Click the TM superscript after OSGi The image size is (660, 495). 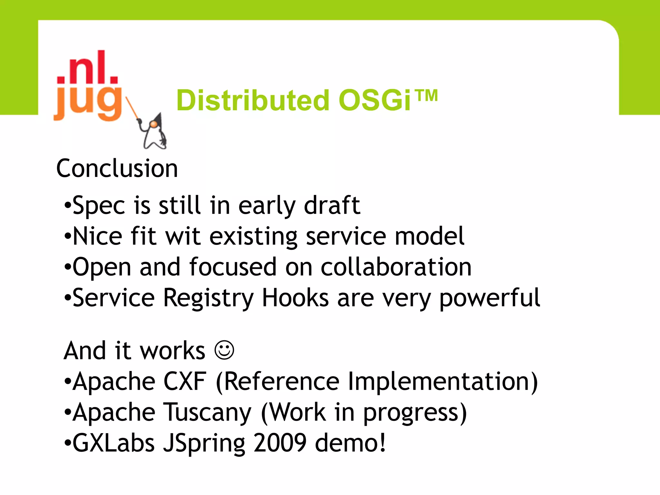pos(426,95)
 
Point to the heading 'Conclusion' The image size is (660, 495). pos(117,169)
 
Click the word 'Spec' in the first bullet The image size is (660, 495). pos(99,206)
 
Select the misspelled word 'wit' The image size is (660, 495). pos(183,236)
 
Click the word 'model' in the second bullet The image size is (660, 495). pos(430,236)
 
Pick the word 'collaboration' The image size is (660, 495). pos(396,267)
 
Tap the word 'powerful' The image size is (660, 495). pos(490,298)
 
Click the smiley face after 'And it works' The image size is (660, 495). pos(224,350)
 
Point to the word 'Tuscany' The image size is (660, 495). pos(208,412)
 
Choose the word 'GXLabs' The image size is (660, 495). pos(113,443)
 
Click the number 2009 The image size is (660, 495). pos(280,443)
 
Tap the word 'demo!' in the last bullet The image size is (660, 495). pos(350,443)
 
